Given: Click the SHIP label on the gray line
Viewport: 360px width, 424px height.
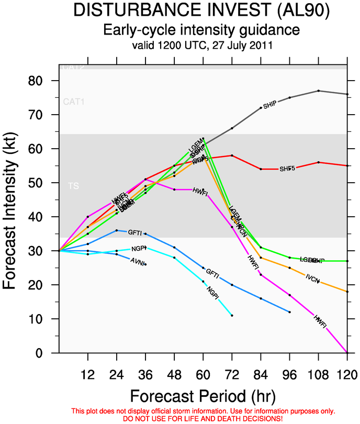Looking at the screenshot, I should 269,105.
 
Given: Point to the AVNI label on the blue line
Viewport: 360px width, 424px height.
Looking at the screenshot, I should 138,261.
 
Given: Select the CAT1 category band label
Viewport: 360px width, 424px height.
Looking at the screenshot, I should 73,102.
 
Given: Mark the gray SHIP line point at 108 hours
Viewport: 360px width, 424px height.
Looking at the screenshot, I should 318,91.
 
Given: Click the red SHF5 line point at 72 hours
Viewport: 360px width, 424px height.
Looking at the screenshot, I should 232,155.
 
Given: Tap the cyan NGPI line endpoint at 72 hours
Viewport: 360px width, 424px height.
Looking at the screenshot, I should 232,315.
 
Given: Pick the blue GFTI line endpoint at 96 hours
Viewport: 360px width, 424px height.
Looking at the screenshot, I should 289,312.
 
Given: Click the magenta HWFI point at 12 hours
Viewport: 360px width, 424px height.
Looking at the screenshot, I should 88,217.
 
